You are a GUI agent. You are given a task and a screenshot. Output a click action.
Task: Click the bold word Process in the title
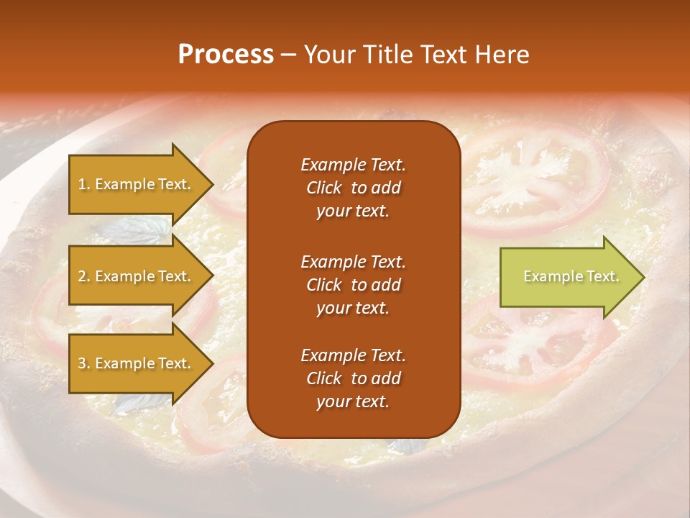[226, 55]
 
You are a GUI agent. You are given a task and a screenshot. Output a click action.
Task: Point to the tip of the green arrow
[642, 277]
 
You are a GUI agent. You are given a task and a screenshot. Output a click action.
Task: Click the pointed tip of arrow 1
[211, 184]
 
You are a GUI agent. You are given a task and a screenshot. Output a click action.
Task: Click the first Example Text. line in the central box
[353, 165]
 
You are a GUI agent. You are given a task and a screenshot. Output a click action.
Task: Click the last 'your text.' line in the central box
[353, 401]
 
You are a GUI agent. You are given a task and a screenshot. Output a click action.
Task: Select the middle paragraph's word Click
[324, 285]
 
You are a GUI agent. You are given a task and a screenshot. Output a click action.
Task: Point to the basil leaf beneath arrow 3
[137, 403]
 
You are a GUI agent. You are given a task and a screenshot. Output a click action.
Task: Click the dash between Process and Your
[288, 55]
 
